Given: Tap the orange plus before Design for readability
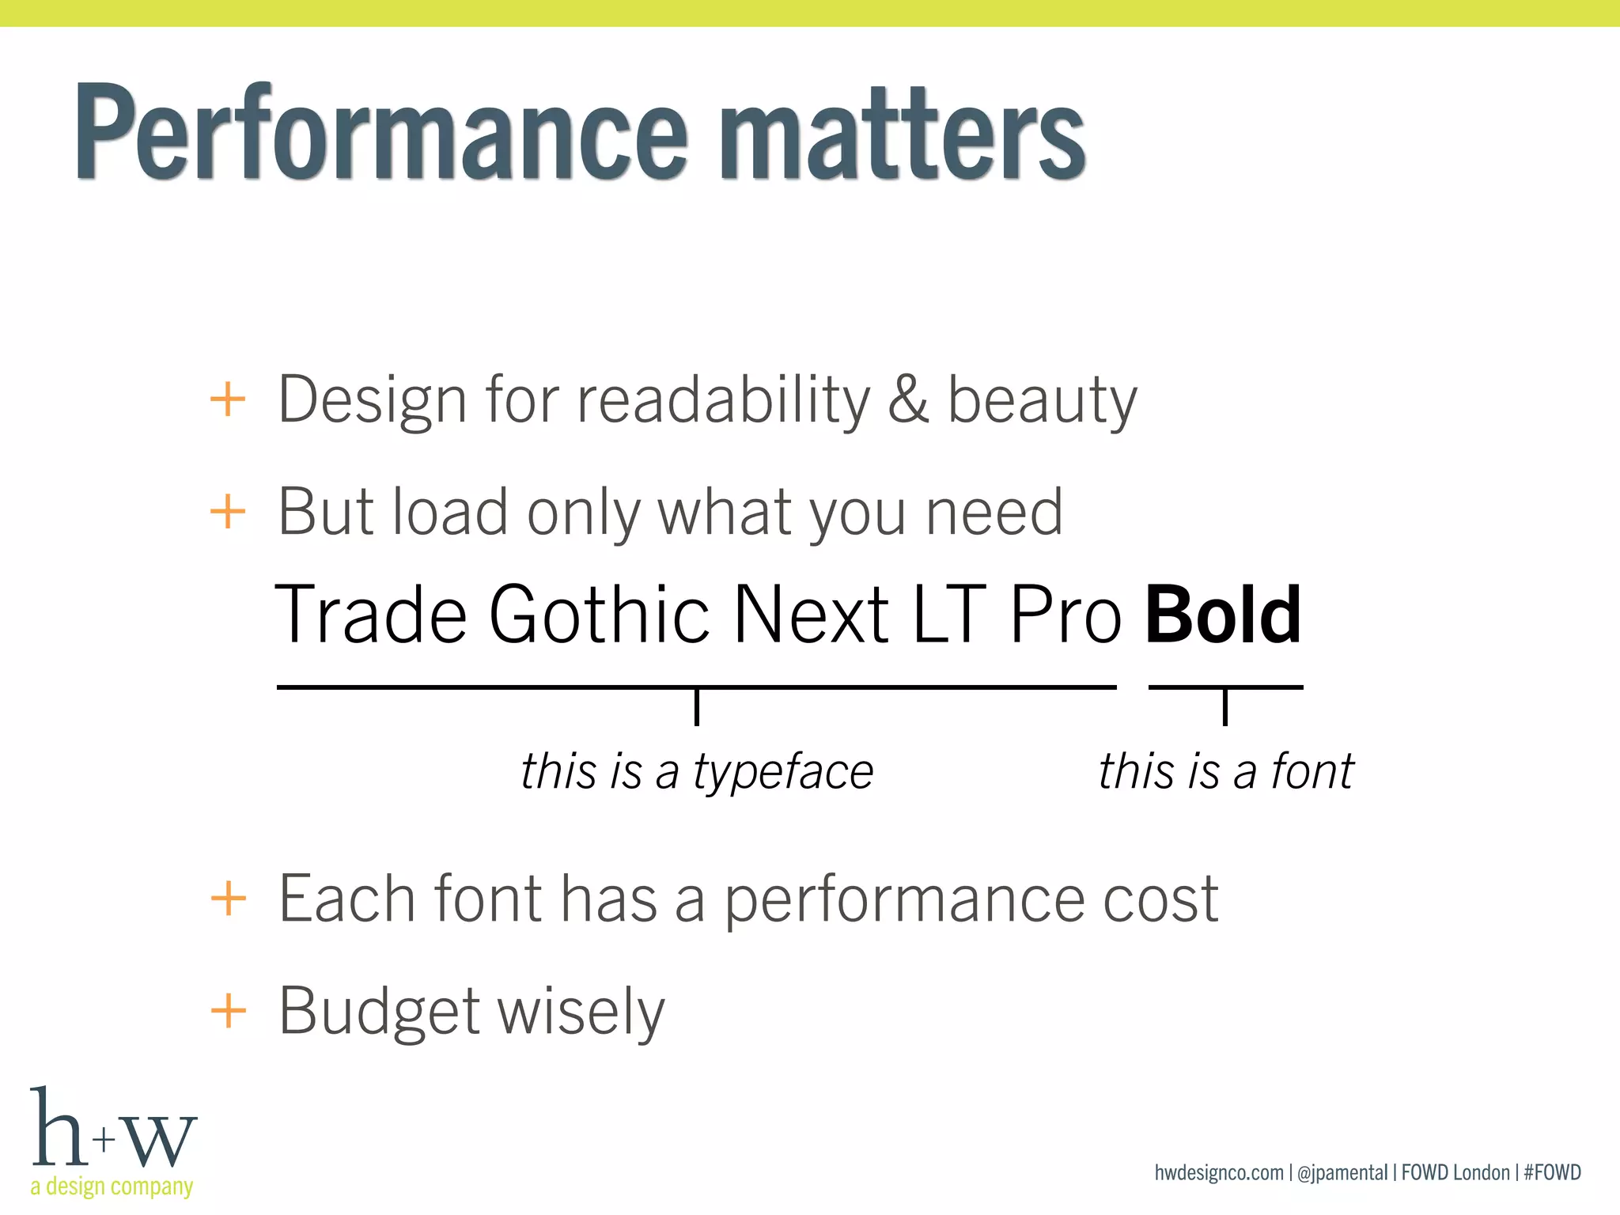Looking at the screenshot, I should tap(228, 399).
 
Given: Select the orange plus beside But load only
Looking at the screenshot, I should tap(228, 512).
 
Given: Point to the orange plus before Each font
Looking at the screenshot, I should tap(229, 899).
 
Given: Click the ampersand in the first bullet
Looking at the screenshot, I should tap(907, 399).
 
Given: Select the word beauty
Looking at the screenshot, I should tap(1042, 402).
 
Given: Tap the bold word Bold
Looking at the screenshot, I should tap(1223, 615).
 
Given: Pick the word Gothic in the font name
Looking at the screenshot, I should tap(600, 615).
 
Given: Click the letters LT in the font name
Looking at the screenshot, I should tap(949, 615).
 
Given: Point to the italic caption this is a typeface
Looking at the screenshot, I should tap(697, 771).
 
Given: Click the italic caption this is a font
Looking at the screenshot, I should tap(1226, 771).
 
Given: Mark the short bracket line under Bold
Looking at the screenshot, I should tap(1225, 688).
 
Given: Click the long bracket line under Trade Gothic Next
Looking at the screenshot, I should tap(696, 688).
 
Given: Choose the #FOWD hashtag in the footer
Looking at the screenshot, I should tap(1552, 1172).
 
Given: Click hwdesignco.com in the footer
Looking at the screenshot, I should tap(1219, 1172).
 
